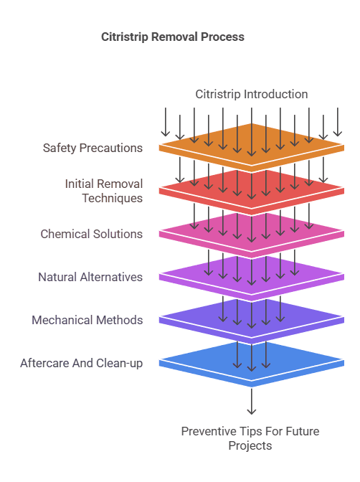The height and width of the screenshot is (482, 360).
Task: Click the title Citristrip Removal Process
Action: [x=173, y=37]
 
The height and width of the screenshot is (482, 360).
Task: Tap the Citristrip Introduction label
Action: [x=252, y=94]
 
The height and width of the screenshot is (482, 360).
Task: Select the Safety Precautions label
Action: [x=93, y=148]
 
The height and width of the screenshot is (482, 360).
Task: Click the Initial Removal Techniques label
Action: [x=103, y=191]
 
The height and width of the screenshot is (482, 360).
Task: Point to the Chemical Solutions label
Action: [x=91, y=234]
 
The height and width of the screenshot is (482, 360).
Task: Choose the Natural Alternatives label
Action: [x=90, y=277]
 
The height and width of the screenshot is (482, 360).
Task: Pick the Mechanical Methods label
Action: [x=87, y=320]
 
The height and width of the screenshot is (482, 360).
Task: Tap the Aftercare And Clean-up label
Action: [x=81, y=363]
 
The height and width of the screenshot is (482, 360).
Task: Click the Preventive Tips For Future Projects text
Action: [x=250, y=438]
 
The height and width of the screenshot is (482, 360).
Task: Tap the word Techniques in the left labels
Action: [x=112, y=198]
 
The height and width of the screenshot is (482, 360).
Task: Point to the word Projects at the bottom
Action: [x=250, y=445]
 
